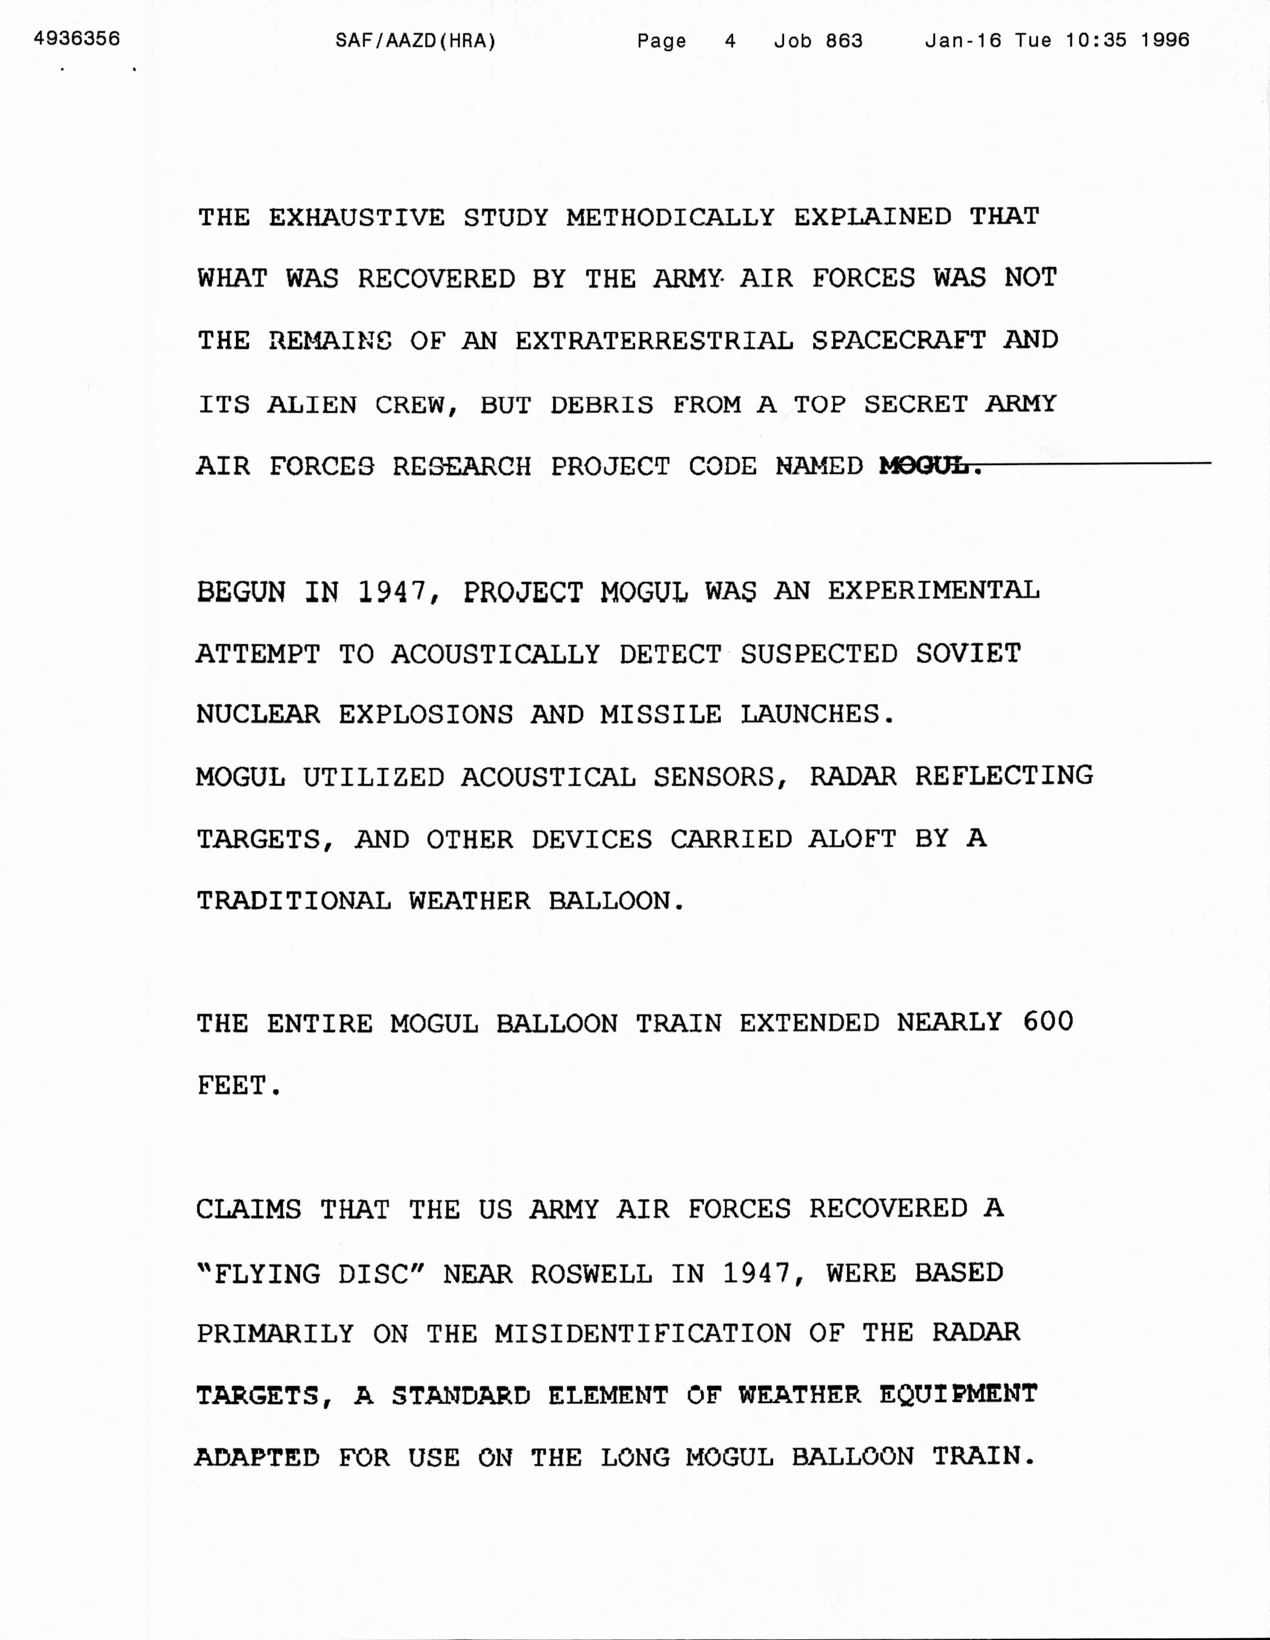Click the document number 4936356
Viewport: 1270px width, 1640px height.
tap(77, 38)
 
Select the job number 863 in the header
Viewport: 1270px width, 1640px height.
tap(844, 40)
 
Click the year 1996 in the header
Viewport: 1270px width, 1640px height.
tap(1165, 40)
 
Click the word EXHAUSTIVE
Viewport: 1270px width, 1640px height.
tap(357, 218)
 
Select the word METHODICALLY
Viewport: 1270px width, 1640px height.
tap(670, 218)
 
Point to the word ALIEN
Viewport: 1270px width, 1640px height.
tap(312, 405)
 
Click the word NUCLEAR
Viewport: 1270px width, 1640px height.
tap(257, 714)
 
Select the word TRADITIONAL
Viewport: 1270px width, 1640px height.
tap(294, 900)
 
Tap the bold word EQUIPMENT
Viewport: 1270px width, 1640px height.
tap(958, 1395)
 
